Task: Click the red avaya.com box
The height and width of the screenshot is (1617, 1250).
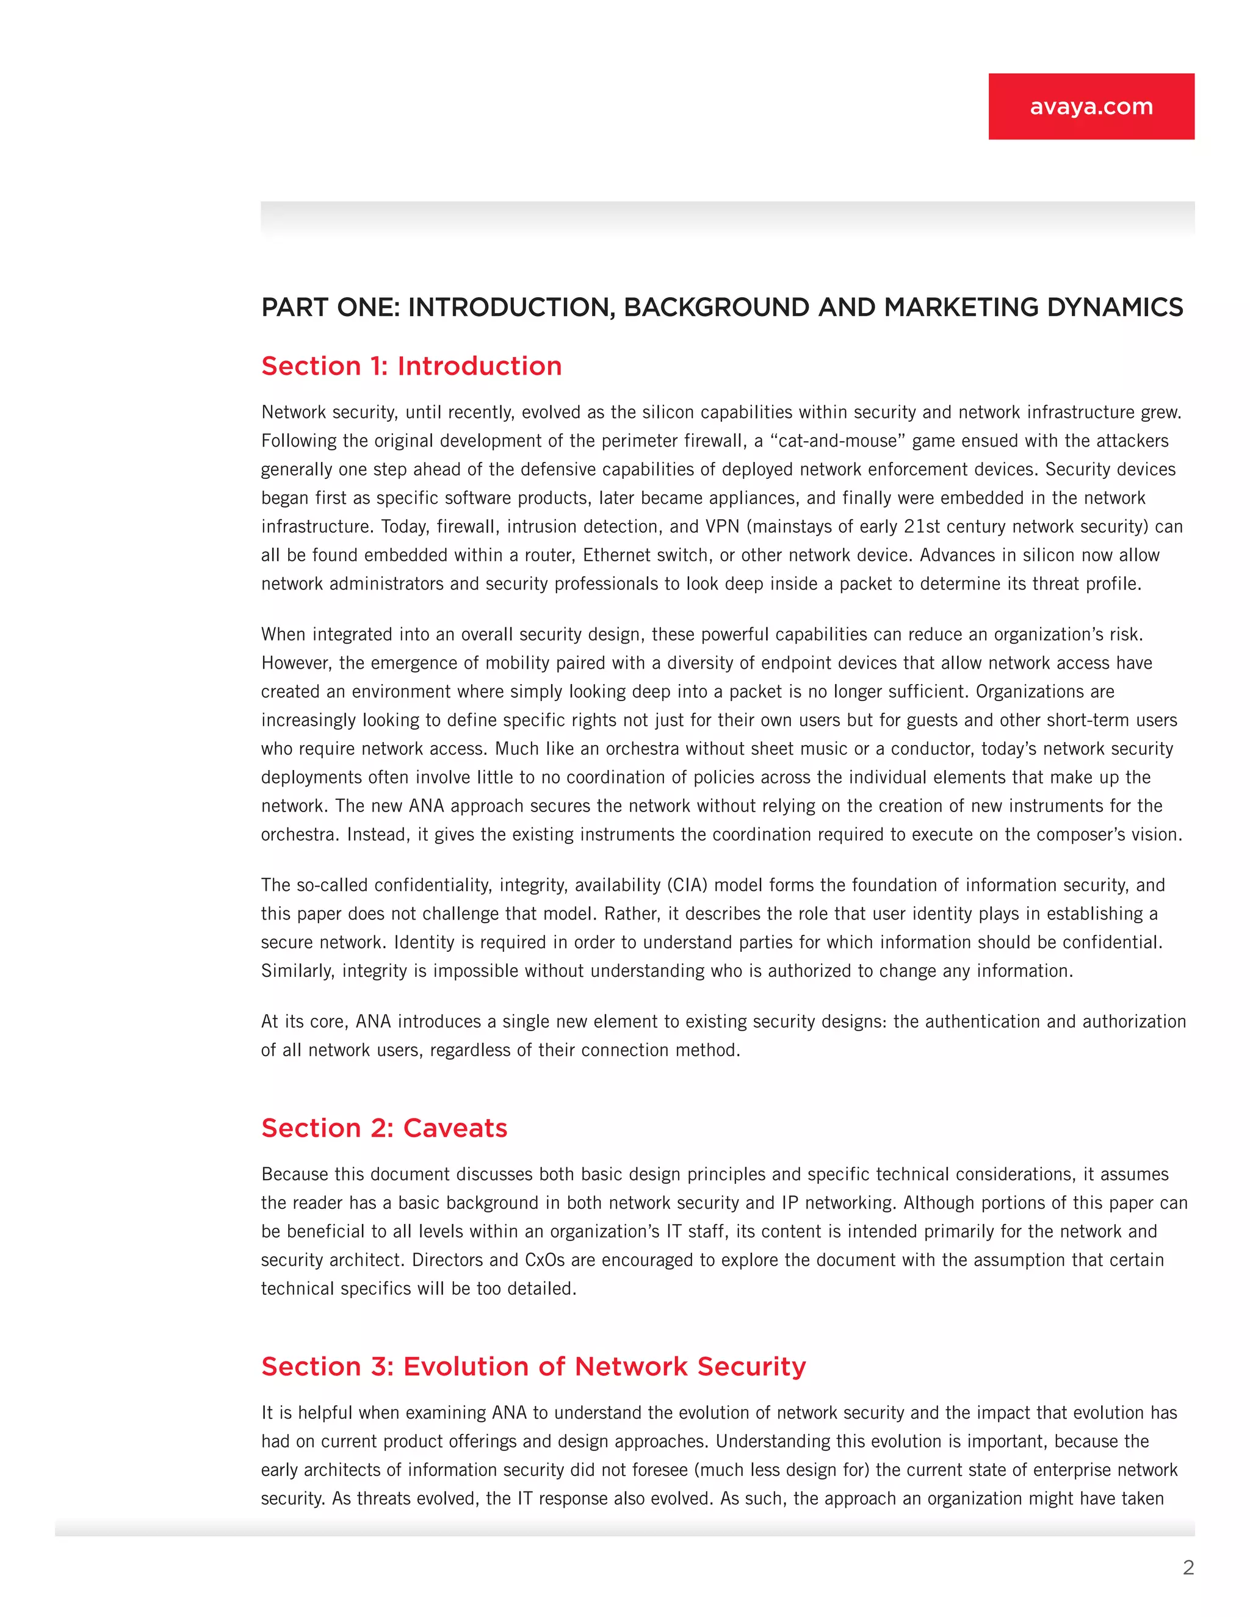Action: tap(1091, 106)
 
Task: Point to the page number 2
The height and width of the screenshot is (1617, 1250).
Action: tap(1188, 1568)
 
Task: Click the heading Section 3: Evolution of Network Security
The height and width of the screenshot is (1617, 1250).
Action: tap(533, 1366)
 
